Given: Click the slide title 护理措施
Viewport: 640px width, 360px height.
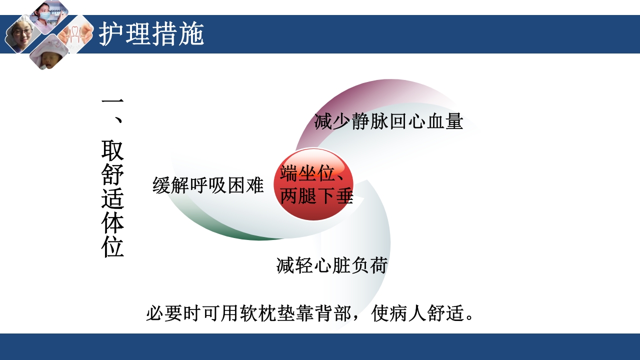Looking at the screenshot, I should coord(151,34).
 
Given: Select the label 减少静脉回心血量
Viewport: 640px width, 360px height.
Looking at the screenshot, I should coord(388,121).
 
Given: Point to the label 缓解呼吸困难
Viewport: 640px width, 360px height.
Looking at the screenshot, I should coord(208,185).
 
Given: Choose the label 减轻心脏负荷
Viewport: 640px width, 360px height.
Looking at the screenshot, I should coord(332,265).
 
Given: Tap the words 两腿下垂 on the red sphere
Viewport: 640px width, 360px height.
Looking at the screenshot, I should coord(316,196).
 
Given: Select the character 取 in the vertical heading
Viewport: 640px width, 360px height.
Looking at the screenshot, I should coord(112,150).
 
